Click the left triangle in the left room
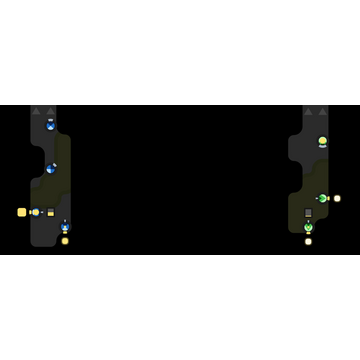tap(36, 111)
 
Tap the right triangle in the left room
tap(50, 111)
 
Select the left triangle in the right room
tap(308, 111)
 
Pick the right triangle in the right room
tap(322, 111)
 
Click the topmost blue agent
tap(50, 125)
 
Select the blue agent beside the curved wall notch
tap(50, 168)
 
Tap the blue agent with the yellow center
tap(36, 212)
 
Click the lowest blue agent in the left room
tap(65, 227)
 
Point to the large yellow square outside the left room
tap(22, 212)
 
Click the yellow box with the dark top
tap(50, 212)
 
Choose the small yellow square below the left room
tap(65, 241)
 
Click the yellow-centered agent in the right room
tap(322, 141)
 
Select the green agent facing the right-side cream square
tap(322, 198)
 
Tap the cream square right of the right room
tap(337, 198)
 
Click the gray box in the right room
tap(308, 213)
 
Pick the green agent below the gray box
tap(308, 228)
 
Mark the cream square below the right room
tap(308, 241)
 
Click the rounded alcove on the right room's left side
tap(296, 150)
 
